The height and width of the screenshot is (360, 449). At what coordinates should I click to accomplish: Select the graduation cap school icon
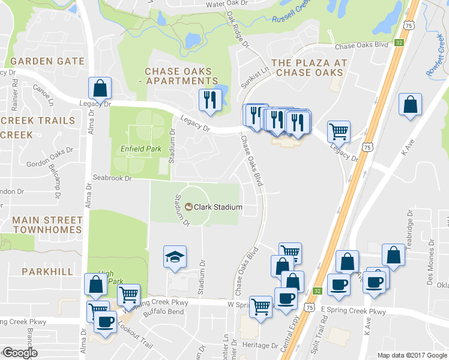[x=175, y=257]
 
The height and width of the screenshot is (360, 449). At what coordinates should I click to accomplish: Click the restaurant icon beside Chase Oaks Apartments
[x=209, y=100]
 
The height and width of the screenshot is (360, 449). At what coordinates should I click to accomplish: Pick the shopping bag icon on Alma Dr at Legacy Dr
[x=100, y=88]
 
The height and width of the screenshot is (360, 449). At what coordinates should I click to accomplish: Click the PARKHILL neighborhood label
[x=43, y=271]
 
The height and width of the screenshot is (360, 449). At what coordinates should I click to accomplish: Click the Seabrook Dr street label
[x=111, y=178]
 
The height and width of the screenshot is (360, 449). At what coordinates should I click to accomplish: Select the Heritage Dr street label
[x=262, y=346]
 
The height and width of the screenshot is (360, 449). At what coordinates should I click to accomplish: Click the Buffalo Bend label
[x=167, y=312]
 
